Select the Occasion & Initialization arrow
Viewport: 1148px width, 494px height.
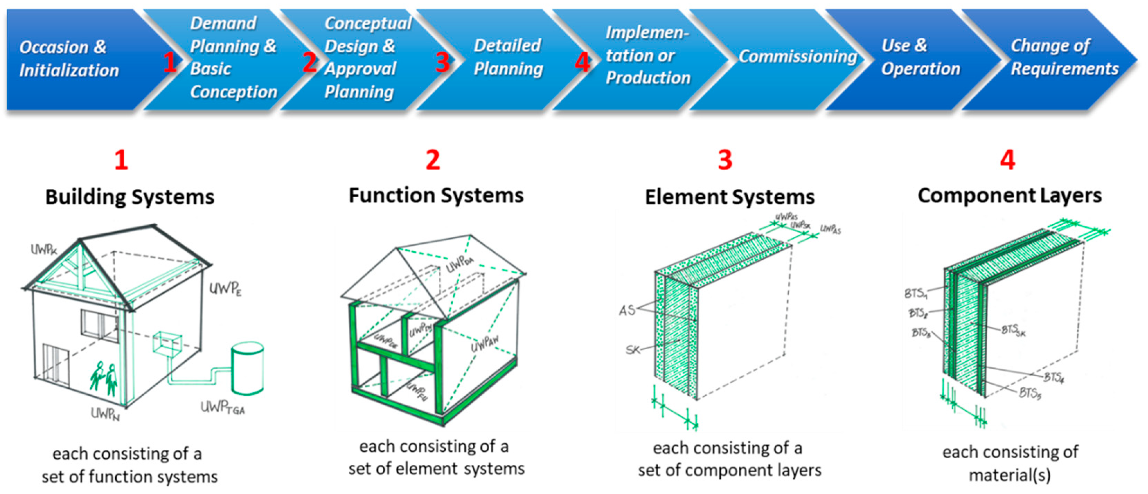(69, 59)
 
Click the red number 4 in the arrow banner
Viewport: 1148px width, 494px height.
(582, 62)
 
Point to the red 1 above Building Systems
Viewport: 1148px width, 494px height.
(121, 160)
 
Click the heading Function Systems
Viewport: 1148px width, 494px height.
(436, 196)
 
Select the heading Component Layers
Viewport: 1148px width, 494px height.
(1009, 196)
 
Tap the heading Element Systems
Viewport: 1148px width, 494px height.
(730, 197)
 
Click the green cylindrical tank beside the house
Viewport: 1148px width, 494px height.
(247, 369)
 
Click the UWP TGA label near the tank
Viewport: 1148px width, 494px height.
(222, 407)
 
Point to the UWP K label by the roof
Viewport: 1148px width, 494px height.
(44, 250)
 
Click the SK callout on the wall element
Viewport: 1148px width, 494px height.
(632, 350)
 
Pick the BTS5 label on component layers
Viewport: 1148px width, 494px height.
(1030, 393)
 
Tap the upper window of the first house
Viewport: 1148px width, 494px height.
(99, 325)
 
